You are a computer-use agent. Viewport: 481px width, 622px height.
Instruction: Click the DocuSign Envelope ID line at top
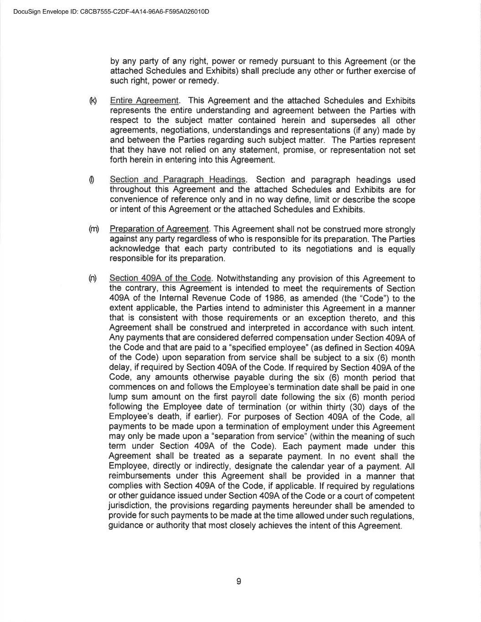[111, 11]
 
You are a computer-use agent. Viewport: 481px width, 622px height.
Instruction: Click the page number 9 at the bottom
[239, 581]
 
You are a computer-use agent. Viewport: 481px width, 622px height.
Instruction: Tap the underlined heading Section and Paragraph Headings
[177, 180]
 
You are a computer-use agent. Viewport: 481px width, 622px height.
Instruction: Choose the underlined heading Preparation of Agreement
[159, 229]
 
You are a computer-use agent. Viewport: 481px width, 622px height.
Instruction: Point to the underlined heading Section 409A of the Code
[160, 278]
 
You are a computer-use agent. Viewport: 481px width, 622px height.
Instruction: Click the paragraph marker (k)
[93, 100]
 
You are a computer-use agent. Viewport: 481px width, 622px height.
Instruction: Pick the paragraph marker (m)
[94, 229]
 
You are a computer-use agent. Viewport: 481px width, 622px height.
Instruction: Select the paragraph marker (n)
[93, 278]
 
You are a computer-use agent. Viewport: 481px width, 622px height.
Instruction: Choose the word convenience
[132, 200]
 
